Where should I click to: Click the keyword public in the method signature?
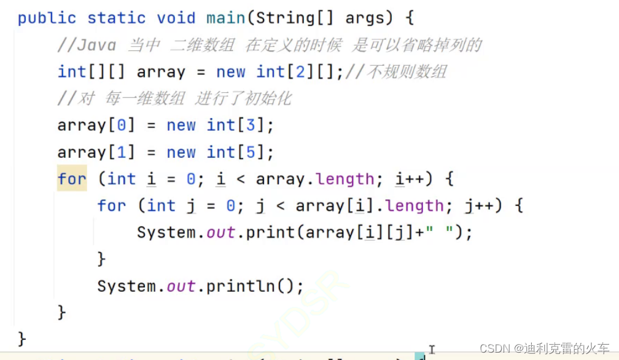click(47, 18)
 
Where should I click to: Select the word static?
click(117, 18)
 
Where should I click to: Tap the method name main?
click(225, 18)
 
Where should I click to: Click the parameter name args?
click(368, 18)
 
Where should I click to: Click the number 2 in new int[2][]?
click(300, 72)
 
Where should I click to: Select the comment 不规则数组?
click(407, 72)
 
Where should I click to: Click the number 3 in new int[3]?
click(251, 125)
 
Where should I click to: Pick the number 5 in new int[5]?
click(251, 152)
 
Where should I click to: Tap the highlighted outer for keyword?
click(72, 179)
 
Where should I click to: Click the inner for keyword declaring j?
click(112, 206)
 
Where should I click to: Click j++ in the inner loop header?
click(479, 206)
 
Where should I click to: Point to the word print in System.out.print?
click(266, 233)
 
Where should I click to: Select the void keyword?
click(176, 18)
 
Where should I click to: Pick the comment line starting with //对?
click(174, 99)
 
